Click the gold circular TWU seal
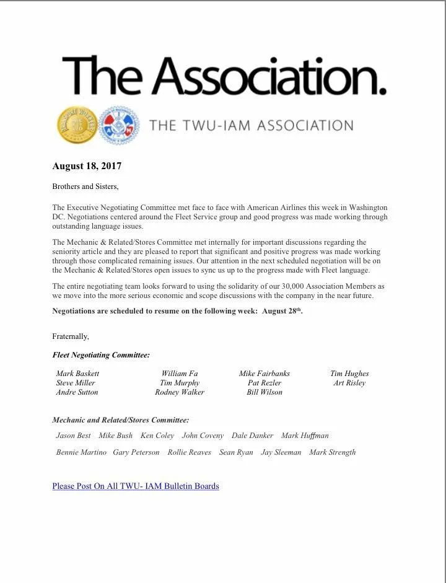(77, 125)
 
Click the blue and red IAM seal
(120, 125)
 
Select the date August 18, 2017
(87, 166)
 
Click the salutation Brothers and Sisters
(85, 186)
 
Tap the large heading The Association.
(224, 75)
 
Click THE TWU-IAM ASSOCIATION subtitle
(251, 126)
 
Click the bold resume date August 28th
(282, 311)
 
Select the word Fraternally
(71, 336)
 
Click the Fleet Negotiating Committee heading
(101, 355)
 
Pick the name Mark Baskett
(77, 374)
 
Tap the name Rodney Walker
(180, 392)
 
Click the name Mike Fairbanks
(265, 374)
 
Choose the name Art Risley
(349, 383)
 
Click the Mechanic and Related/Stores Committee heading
(121, 420)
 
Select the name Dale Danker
(252, 436)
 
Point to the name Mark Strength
(332, 452)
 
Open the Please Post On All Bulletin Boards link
(136, 486)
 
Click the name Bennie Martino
(81, 452)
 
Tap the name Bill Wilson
(265, 392)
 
